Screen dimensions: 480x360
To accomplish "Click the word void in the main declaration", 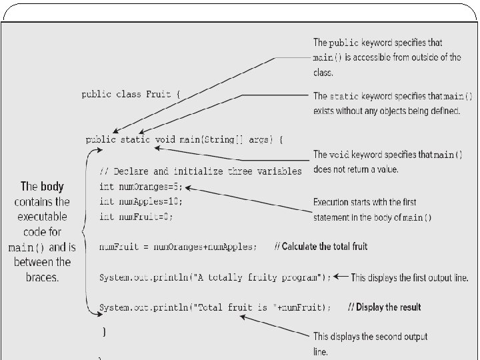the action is tap(164, 140).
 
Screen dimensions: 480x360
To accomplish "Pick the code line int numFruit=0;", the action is tap(137, 217).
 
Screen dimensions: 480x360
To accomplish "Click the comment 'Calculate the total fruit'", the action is tap(321, 247).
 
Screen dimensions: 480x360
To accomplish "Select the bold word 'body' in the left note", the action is tap(51, 187).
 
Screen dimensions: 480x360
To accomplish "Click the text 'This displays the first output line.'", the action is tap(409, 277).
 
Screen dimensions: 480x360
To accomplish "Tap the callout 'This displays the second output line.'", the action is tap(370, 343).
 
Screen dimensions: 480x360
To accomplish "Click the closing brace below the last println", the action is tap(104, 331).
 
